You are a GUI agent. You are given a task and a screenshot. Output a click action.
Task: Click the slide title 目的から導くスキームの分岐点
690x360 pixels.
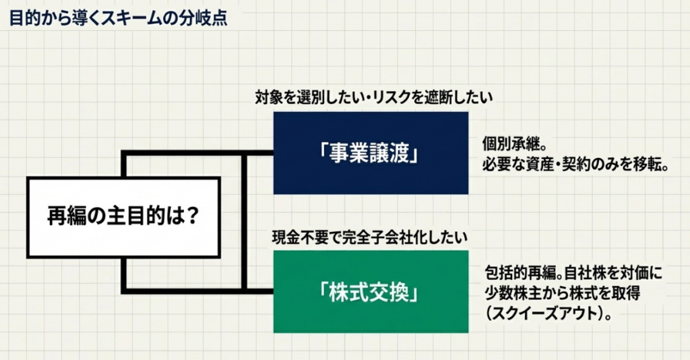(118, 16)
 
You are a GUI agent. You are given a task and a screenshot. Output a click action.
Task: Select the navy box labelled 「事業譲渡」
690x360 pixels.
(371, 153)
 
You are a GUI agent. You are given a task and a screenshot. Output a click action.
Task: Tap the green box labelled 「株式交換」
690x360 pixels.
(371, 291)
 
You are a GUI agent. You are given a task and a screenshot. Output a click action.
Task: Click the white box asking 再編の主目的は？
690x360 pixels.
(124, 217)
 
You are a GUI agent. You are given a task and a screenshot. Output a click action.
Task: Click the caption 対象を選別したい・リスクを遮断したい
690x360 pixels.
(373, 98)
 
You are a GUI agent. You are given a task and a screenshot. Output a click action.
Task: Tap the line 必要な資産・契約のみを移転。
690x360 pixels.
(575, 164)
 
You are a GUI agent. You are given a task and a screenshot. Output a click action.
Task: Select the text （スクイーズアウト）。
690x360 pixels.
(547, 313)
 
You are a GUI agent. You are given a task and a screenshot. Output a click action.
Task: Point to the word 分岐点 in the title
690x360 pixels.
(205, 16)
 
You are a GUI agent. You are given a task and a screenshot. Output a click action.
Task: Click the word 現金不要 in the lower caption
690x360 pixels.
(297, 237)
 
